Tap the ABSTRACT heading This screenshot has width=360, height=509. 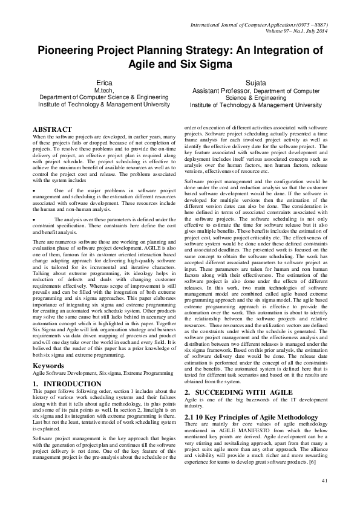(52, 129)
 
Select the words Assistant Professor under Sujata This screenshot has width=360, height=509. (217, 89)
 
